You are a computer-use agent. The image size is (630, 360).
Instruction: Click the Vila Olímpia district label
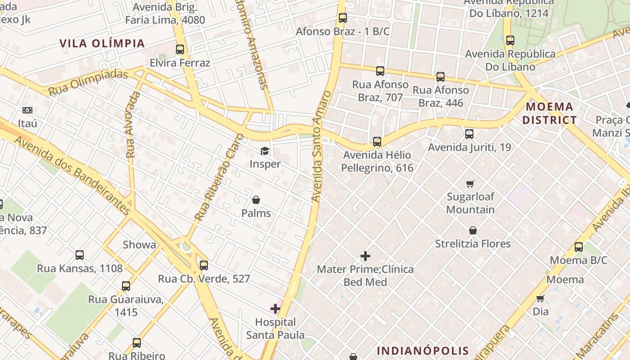point(102,43)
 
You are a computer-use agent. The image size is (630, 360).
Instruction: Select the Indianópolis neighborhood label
point(423,351)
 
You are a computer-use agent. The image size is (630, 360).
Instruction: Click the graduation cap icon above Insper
point(265,151)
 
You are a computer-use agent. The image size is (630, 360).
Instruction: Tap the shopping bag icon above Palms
point(256,200)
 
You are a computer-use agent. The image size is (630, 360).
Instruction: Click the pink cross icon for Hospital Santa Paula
point(275,309)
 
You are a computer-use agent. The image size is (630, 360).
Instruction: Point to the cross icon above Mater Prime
point(365,256)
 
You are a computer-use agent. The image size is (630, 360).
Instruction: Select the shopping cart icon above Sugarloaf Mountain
point(470,184)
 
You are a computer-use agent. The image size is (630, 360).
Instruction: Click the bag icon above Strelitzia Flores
point(473,230)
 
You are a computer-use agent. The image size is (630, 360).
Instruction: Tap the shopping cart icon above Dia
point(540,298)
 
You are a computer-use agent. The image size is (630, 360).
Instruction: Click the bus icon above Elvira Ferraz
point(180,49)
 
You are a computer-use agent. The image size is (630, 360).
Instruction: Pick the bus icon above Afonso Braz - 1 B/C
point(343,18)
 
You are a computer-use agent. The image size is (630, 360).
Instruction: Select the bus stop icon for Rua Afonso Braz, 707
point(380,71)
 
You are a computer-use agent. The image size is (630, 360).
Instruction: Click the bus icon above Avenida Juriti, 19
point(469,134)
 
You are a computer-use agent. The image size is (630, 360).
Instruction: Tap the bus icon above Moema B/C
point(579,247)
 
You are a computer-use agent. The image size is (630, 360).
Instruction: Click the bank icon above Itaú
point(27,110)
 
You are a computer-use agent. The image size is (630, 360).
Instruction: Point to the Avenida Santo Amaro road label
point(320,146)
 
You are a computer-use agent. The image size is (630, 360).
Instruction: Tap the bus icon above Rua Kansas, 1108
point(80,255)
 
